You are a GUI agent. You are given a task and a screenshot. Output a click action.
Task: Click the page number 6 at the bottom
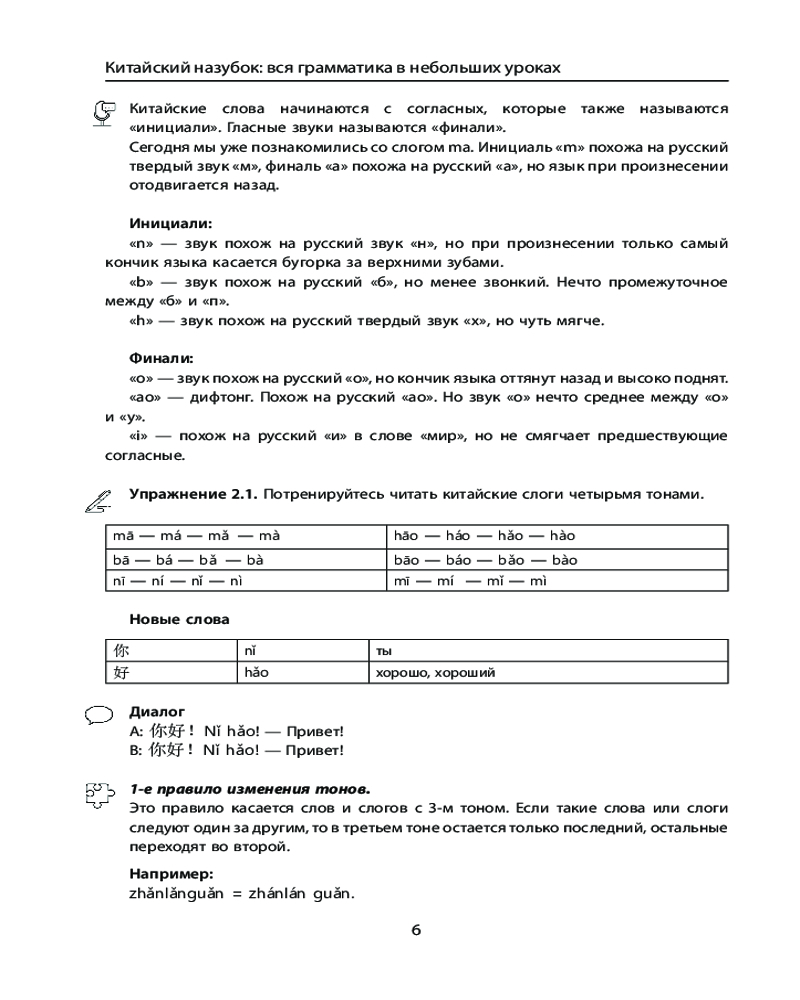click(x=416, y=930)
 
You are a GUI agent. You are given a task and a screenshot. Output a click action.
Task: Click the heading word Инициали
click(x=171, y=224)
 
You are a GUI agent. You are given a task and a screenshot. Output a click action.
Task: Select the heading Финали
click(x=161, y=358)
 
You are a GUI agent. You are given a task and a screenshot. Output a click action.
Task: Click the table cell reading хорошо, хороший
click(x=436, y=673)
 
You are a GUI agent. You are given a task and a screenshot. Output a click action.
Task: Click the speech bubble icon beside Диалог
click(x=99, y=714)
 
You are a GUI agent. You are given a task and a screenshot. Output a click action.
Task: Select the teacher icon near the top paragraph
click(x=102, y=114)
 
